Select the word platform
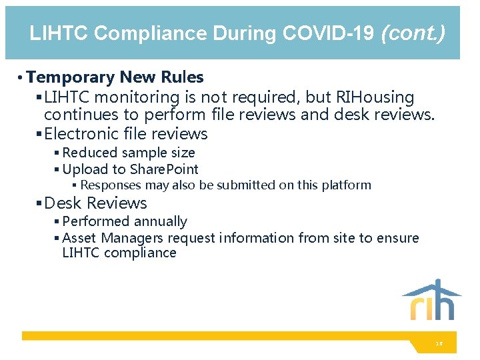click(344, 185)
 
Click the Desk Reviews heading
click(95, 203)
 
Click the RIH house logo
click(431, 300)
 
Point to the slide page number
click(439, 344)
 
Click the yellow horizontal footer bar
click(220, 336)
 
